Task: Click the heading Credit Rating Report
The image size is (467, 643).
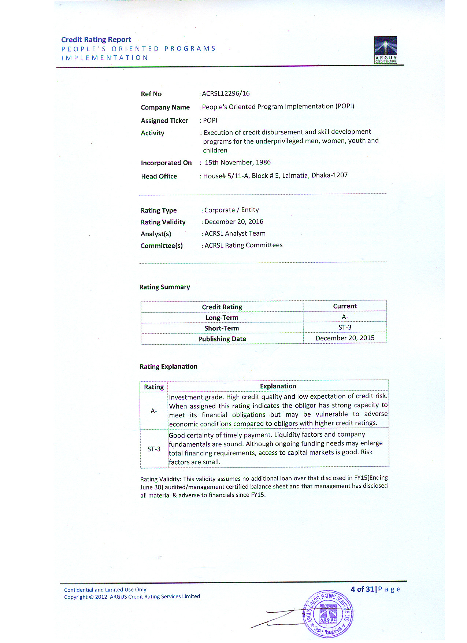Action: pyautogui.click(x=96, y=40)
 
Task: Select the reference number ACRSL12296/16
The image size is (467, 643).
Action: pyautogui.click(x=226, y=93)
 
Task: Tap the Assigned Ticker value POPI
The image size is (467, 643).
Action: pyautogui.click(x=210, y=120)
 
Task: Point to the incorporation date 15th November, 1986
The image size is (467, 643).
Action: pyautogui.click(x=237, y=162)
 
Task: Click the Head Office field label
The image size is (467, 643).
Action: pyautogui.click(x=159, y=176)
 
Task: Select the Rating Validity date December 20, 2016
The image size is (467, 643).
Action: pyautogui.click(x=234, y=222)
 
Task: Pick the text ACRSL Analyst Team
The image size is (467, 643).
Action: pyautogui.click(x=235, y=233)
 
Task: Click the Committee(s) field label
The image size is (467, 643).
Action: pyautogui.click(x=162, y=245)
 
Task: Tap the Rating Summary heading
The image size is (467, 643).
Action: pyautogui.click(x=164, y=287)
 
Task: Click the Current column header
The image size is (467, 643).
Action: pyautogui.click(x=345, y=306)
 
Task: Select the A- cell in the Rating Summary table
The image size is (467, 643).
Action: pyautogui.click(x=345, y=317)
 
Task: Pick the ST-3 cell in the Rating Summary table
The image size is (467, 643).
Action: pyautogui.click(x=345, y=327)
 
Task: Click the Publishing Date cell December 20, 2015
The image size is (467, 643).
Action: pyautogui.click(x=345, y=338)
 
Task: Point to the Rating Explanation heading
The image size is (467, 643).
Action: pyautogui.click(x=168, y=366)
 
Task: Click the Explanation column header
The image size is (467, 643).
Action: pyautogui.click(x=278, y=386)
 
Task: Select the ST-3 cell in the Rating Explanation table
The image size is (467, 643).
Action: pyautogui.click(x=154, y=449)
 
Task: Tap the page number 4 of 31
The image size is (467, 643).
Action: pyautogui.click(x=362, y=589)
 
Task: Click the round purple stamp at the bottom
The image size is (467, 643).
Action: pyautogui.click(x=328, y=614)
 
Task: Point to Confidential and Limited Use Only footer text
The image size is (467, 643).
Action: pyautogui.click(x=105, y=590)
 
